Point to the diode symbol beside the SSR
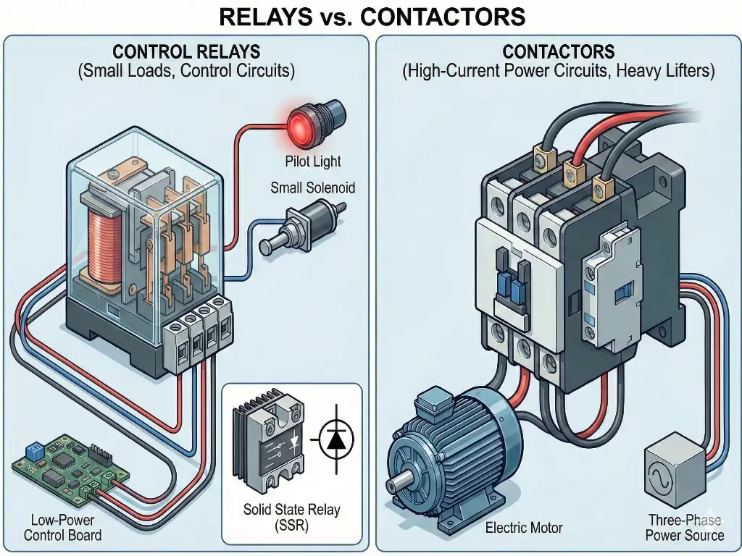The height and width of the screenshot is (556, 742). (x=333, y=440)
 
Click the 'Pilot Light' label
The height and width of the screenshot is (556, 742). (x=312, y=161)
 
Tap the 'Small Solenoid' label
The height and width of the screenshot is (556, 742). (x=313, y=188)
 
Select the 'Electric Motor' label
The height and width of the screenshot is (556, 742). (x=524, y=528)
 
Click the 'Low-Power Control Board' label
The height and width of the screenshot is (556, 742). (x=62, y=528)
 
